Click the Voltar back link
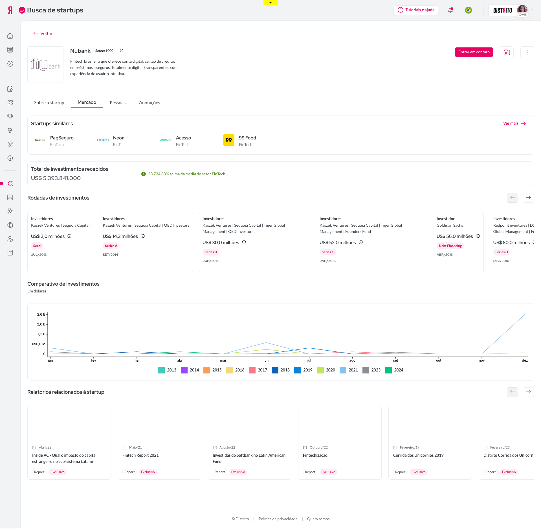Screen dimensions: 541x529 tap(43, 33)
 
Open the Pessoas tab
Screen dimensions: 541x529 tap(118, 102)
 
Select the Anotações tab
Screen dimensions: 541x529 tap(149, 102)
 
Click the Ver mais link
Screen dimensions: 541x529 tap(514, 123)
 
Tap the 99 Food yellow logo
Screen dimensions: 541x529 tap(229, 140)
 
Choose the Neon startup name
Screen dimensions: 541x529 tap(119, 138)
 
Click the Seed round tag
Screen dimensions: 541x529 tap(37, 246)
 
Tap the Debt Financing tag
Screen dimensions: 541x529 tap(450, 246)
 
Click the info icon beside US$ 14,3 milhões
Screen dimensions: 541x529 tap(143, 236)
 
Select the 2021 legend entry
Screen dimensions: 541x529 tap(349, 370)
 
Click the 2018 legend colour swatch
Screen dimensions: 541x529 tap(275, 370)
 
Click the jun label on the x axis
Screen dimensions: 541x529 tap(266, 360)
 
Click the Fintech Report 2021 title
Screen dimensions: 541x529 tap(140, 455)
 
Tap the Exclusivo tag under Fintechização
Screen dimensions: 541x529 tap(328, 472)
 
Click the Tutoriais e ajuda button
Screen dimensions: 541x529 tap(416, 10)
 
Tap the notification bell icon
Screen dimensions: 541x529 tap(450, 10)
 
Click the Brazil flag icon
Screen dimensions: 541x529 tap(469, 10)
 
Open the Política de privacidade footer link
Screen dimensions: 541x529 tap(278, 519)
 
